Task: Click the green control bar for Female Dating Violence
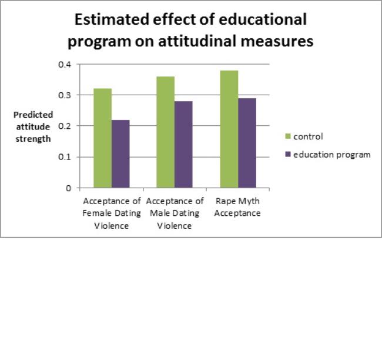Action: (x=103, y=138)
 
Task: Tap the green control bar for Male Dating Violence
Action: (x=166, y=132)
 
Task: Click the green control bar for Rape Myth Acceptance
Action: (x=229, y=129)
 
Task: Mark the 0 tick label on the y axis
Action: (x=68, y=188)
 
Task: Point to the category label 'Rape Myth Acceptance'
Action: (x=237, y=207)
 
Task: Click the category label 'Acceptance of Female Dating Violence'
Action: (x=112, y=213)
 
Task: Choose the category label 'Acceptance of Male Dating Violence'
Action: (x=175, y=213)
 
